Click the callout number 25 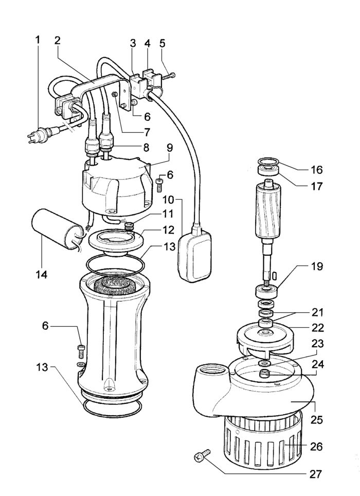(316, 420)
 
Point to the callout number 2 (58, 41)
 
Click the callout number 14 (42, 274)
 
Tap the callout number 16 (316, 169)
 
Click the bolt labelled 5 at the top (168, 77)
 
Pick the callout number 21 (316, 312)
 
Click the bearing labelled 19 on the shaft (267, 291)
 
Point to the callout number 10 (169, 199)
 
